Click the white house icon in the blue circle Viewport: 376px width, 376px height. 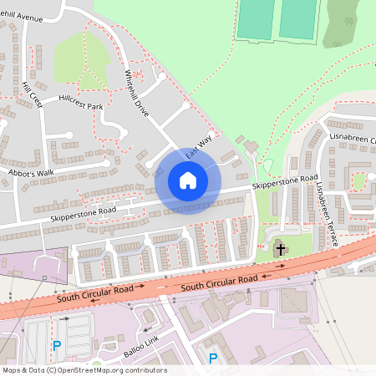[188, 180]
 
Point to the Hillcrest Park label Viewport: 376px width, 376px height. [81, 107]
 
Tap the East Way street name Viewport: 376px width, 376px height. [199, 148]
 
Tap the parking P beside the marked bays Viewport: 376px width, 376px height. [57, 345]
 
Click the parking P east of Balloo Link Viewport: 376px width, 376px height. [213, 358]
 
